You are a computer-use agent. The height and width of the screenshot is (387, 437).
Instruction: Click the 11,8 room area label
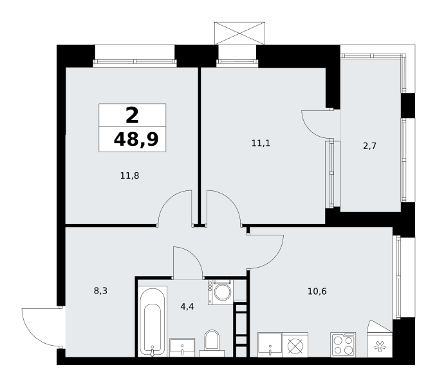click(129, 175)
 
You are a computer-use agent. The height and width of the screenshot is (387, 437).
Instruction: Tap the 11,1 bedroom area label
click(261, 143)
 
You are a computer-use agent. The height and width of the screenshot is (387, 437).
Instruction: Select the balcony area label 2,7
click(370, 146)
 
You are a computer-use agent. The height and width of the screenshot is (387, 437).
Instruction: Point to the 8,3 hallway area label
click(100, 291)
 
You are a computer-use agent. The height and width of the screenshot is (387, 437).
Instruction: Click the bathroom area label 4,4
click(187, 306)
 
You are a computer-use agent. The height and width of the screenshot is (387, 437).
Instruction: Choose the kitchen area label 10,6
click(317, 292)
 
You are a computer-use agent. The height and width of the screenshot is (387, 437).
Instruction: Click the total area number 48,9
click(136, 139)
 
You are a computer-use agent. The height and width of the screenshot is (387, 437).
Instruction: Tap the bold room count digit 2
click(132, 115)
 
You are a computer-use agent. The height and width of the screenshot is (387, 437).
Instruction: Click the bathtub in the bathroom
click(153, 321)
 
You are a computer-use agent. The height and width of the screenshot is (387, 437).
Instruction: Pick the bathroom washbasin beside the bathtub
click(182, 348)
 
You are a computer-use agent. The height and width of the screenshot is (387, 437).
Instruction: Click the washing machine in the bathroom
click(221, 292)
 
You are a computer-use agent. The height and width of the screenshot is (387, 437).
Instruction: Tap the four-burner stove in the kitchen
click(343, 344)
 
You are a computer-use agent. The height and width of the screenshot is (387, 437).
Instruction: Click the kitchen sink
click(270, 345)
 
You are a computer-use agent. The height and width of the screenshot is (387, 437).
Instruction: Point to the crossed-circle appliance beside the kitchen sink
click(295, 345)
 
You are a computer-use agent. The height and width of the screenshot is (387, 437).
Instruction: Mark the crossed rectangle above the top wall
click(239, 34)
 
